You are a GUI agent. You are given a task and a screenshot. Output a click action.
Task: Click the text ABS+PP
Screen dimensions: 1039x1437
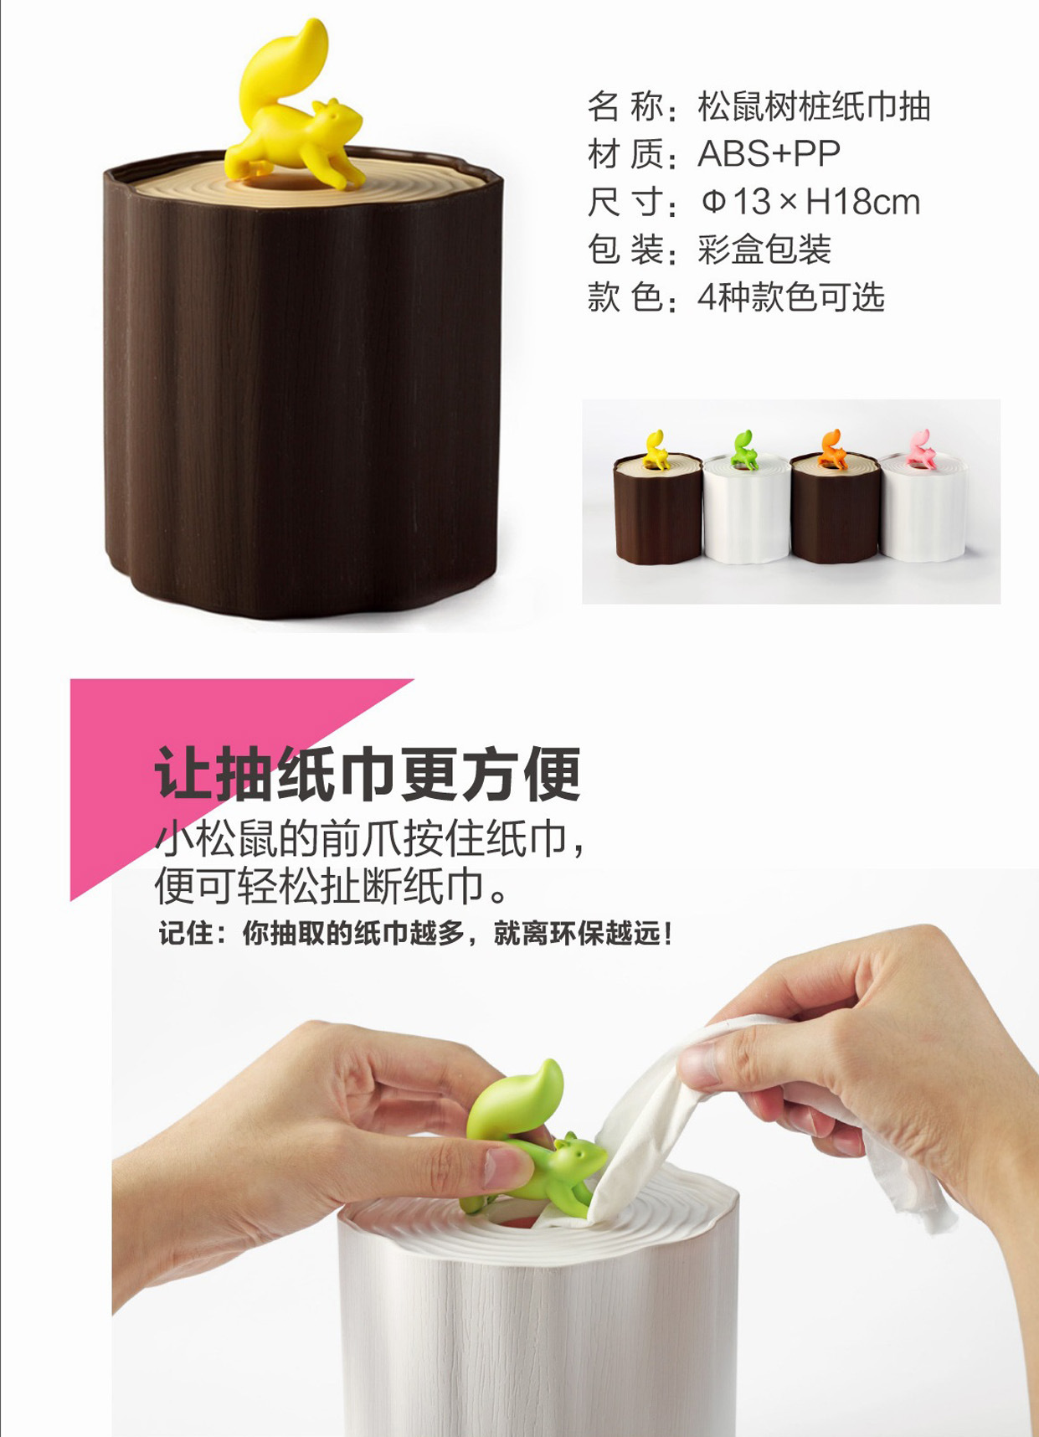coord(769,154)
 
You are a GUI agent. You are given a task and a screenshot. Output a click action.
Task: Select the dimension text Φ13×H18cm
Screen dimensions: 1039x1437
coord(810,202)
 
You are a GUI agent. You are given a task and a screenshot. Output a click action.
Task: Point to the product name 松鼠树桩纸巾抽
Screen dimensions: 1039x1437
coord(814,106)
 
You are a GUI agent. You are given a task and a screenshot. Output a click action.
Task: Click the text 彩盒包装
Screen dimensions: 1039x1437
coord(764,250)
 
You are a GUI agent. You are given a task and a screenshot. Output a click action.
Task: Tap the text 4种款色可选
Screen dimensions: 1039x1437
coord(791,297)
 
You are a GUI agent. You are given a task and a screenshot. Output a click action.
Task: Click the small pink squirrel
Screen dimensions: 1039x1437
coord(921,448)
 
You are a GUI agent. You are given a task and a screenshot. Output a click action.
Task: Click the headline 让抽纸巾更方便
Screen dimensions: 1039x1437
coord(368,775)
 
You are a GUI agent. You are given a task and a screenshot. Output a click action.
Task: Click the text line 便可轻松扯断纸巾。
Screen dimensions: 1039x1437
coord(332,886)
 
